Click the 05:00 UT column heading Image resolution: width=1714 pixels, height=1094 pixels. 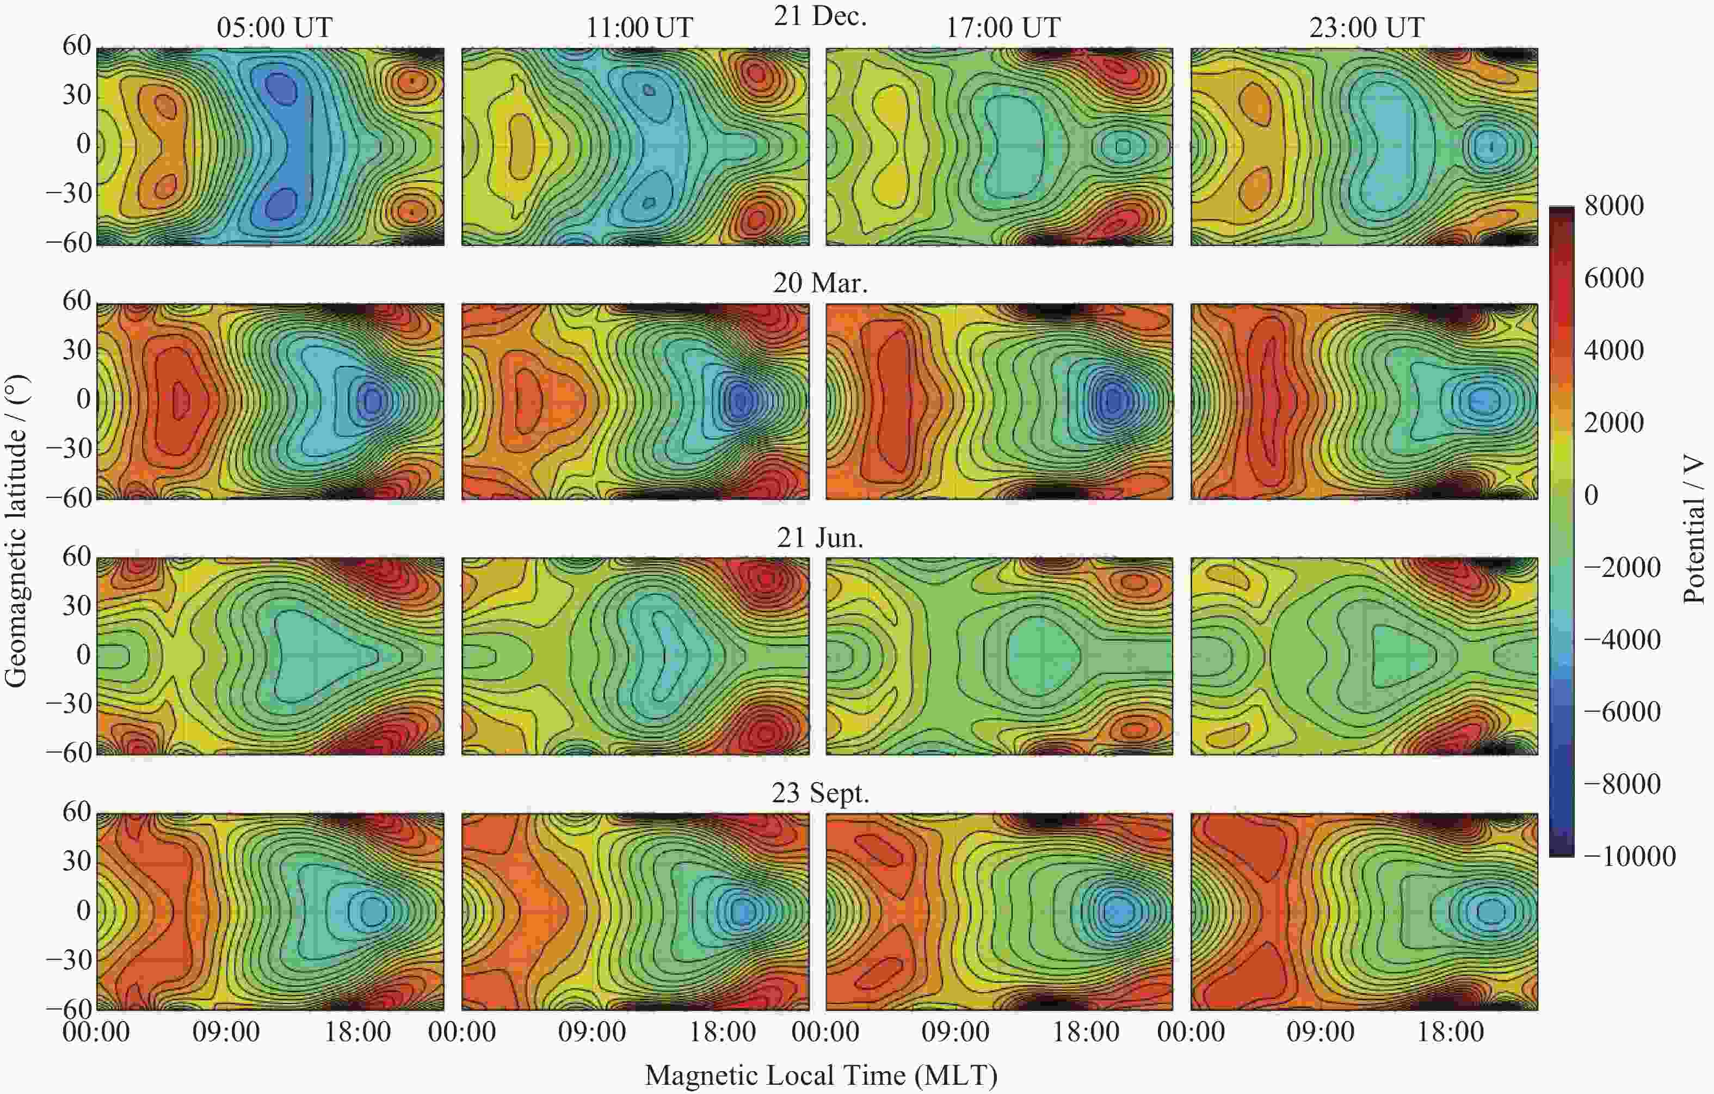pos(274,28)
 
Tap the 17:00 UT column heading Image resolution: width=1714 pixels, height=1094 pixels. pos(1002,28)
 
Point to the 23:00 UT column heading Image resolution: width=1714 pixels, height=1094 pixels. pos(1367,28)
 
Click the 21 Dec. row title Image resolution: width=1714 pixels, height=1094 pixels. pos(820,16)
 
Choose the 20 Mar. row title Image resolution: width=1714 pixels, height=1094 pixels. pos(820,283)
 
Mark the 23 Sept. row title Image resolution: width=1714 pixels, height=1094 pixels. pos(820,793)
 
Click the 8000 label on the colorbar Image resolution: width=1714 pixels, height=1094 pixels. pos(1614,206)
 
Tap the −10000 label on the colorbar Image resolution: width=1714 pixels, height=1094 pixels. pos(1629,856)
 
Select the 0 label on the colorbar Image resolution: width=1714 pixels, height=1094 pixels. pos(1592,495)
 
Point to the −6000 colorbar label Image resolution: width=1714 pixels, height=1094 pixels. pos(1622,711)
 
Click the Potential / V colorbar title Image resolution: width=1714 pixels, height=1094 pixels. pos(1694,530)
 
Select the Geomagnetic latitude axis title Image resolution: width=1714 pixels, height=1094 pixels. pos(16,530)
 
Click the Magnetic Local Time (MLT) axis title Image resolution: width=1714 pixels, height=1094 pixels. pos(820,1075)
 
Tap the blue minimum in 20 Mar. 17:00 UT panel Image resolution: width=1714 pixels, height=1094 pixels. pos(1111,400)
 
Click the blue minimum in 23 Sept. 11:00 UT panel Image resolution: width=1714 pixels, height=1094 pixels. pos(742,911)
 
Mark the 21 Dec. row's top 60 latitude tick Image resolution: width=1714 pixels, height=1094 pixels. pos(76,46)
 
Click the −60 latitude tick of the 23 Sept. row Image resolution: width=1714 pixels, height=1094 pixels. pos(69,1009)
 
